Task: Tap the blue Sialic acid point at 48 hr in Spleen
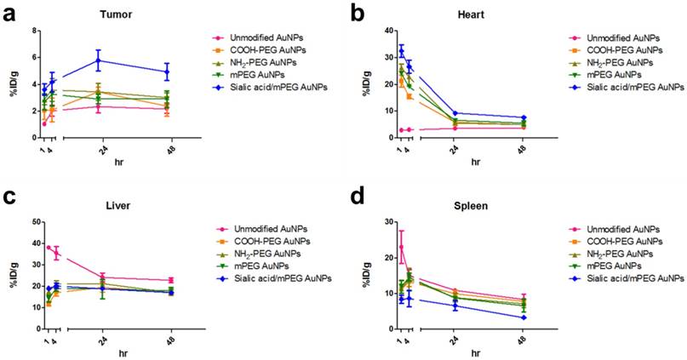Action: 524,317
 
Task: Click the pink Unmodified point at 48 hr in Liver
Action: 171,280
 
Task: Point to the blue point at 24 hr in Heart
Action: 455,113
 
